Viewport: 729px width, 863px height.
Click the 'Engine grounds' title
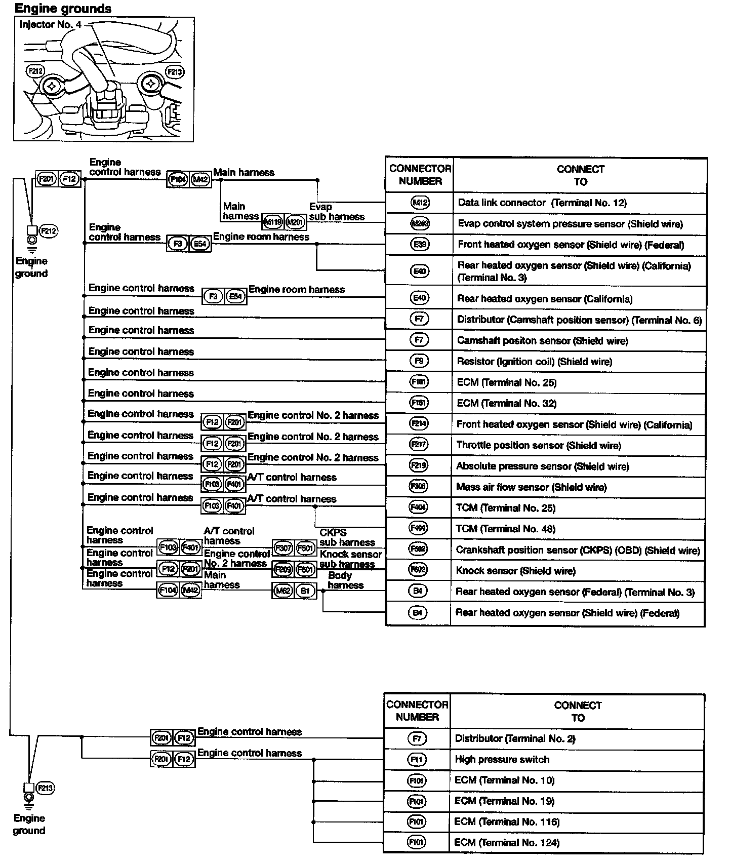click(63, 9)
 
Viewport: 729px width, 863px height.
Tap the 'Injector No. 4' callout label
click(50, 24)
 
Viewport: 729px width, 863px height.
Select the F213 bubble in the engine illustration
click(174, 72)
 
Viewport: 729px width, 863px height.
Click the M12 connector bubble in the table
click(420, 203)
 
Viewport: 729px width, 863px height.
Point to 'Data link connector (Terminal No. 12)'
click(542, 203)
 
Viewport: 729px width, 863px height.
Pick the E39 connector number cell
click(420, 245)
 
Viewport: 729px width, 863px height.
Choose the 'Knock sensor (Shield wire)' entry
click(515, 571)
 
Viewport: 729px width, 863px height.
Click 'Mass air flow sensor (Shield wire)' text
click(531, 487)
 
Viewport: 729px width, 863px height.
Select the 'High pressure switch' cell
click(502, 759)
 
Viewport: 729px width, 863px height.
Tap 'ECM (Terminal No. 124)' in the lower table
click(507, 843)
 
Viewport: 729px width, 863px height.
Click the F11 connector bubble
click(417, 759)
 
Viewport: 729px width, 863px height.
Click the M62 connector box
click(283, 591)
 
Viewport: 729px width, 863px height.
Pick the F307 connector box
click(283, 547)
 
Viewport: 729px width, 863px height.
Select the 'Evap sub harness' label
click(337, 212)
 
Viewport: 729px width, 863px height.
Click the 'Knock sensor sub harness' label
click(350, 559)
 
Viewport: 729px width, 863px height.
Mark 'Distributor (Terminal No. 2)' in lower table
click(515, 738)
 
